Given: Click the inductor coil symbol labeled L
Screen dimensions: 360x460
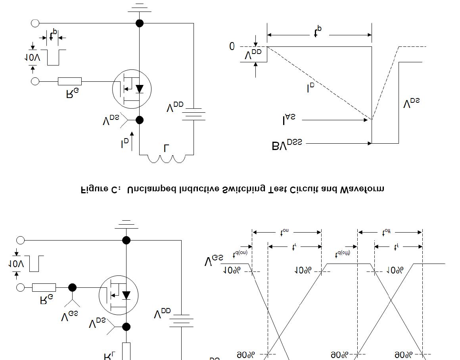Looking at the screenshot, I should (x=166, y=158).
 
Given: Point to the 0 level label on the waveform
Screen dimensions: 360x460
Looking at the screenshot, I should (x=232, y=46).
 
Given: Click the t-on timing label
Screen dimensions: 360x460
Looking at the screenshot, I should (x=284, y=233).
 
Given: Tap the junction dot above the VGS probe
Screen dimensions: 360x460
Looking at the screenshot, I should (x=72, y=287).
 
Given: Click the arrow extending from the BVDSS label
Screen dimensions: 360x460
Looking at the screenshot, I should (x=339, y=143).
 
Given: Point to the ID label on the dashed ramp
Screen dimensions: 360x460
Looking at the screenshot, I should (x=311, y=89).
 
